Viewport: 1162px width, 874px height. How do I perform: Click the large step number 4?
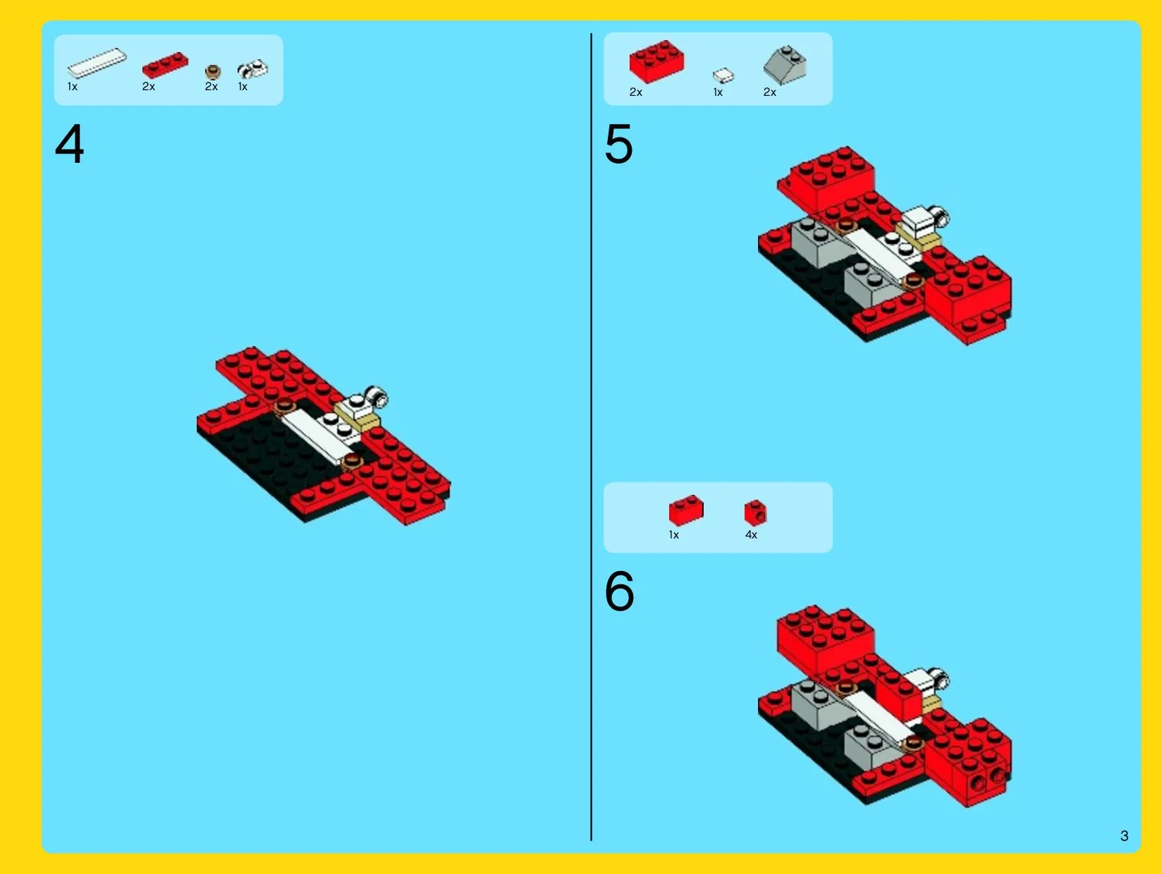pos(69,143)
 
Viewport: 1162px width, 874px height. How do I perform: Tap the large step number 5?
pos(618,143)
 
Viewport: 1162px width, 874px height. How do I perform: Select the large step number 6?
pos(619,591)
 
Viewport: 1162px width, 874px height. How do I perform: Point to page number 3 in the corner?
pos(1124,836)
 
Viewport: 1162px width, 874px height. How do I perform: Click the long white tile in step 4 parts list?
pos(97,63)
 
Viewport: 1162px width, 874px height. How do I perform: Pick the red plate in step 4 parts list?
pos(165,66)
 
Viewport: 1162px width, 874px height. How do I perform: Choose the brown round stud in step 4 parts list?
pos(213,72)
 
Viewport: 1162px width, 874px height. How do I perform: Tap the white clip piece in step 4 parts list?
pos(252,69)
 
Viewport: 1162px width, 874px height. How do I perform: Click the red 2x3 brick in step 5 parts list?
pos(656,62)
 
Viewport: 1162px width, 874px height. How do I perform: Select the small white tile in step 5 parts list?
pos(723,75)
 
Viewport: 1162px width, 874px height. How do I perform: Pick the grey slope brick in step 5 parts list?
pos(785,65)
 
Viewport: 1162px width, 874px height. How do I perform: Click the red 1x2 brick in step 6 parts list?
pos(686,510)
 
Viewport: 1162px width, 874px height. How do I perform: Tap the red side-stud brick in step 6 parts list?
pos(755,512)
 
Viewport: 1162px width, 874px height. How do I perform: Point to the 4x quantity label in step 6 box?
pos(751,535)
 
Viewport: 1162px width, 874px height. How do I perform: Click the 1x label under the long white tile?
pos(73,87)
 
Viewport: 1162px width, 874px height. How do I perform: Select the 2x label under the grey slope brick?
pos(770,92)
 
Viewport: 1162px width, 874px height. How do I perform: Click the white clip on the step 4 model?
pos(377,397)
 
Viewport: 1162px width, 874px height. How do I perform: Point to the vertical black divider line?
pos(592,437)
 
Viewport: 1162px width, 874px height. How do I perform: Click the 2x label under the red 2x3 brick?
pos(636,92)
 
